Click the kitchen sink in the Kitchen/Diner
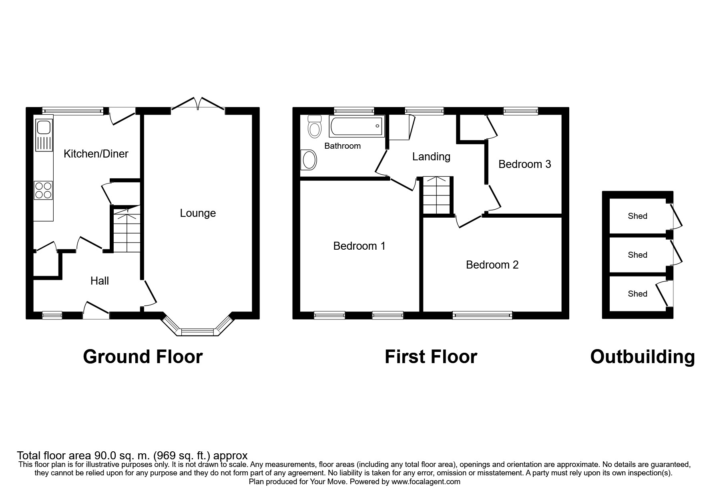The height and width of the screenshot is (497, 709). coord(44,129)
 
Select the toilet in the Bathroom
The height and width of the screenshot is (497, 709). coord(315,127)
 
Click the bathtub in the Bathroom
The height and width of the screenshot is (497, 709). coord(356,126)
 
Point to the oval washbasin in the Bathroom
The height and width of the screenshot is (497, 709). coord(309,161)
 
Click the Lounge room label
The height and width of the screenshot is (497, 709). coord(198,213)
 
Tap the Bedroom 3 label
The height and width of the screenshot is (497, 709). coord(524,164)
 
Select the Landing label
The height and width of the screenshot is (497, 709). coord(431,157)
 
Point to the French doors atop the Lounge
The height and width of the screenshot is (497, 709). coord(198,103)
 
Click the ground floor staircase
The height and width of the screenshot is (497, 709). coord(127,230)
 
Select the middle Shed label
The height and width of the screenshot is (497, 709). coord(637,255)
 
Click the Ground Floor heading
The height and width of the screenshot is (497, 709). coord(143,357)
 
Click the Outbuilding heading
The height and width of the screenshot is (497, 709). coord(642,357)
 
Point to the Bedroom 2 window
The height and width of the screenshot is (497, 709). coord(482,315)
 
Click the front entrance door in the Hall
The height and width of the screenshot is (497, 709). coord(96,311)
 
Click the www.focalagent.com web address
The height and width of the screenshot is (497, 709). coord(426,482)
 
